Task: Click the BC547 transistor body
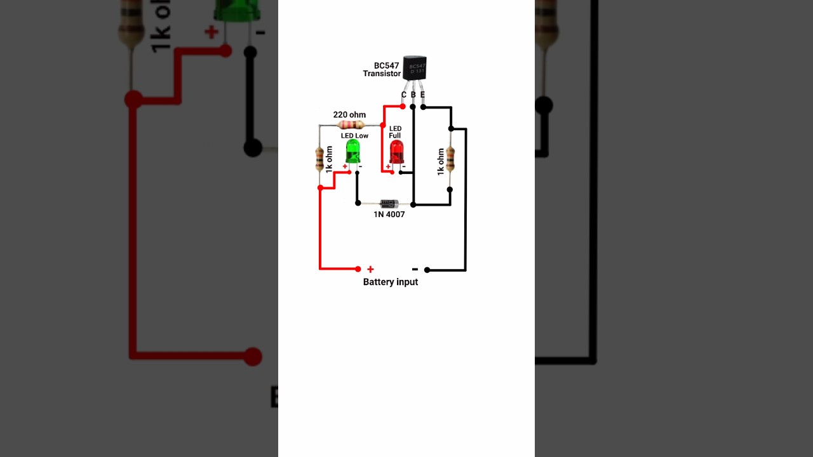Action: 415,67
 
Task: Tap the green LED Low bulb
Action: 353,151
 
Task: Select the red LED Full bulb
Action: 396,152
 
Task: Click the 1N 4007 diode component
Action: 389,204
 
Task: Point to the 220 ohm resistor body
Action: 351,124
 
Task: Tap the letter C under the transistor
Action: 403,95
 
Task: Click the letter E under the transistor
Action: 422,95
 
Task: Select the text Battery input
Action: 390,282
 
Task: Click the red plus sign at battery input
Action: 370,269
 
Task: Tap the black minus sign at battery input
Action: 415,269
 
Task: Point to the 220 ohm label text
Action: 349,115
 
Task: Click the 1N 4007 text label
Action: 389,215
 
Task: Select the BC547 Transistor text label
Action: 382,70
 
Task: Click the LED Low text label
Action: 354,136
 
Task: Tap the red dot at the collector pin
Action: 403,107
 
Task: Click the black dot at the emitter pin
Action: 423,107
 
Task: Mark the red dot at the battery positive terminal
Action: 358,269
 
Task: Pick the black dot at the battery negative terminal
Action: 427,270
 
